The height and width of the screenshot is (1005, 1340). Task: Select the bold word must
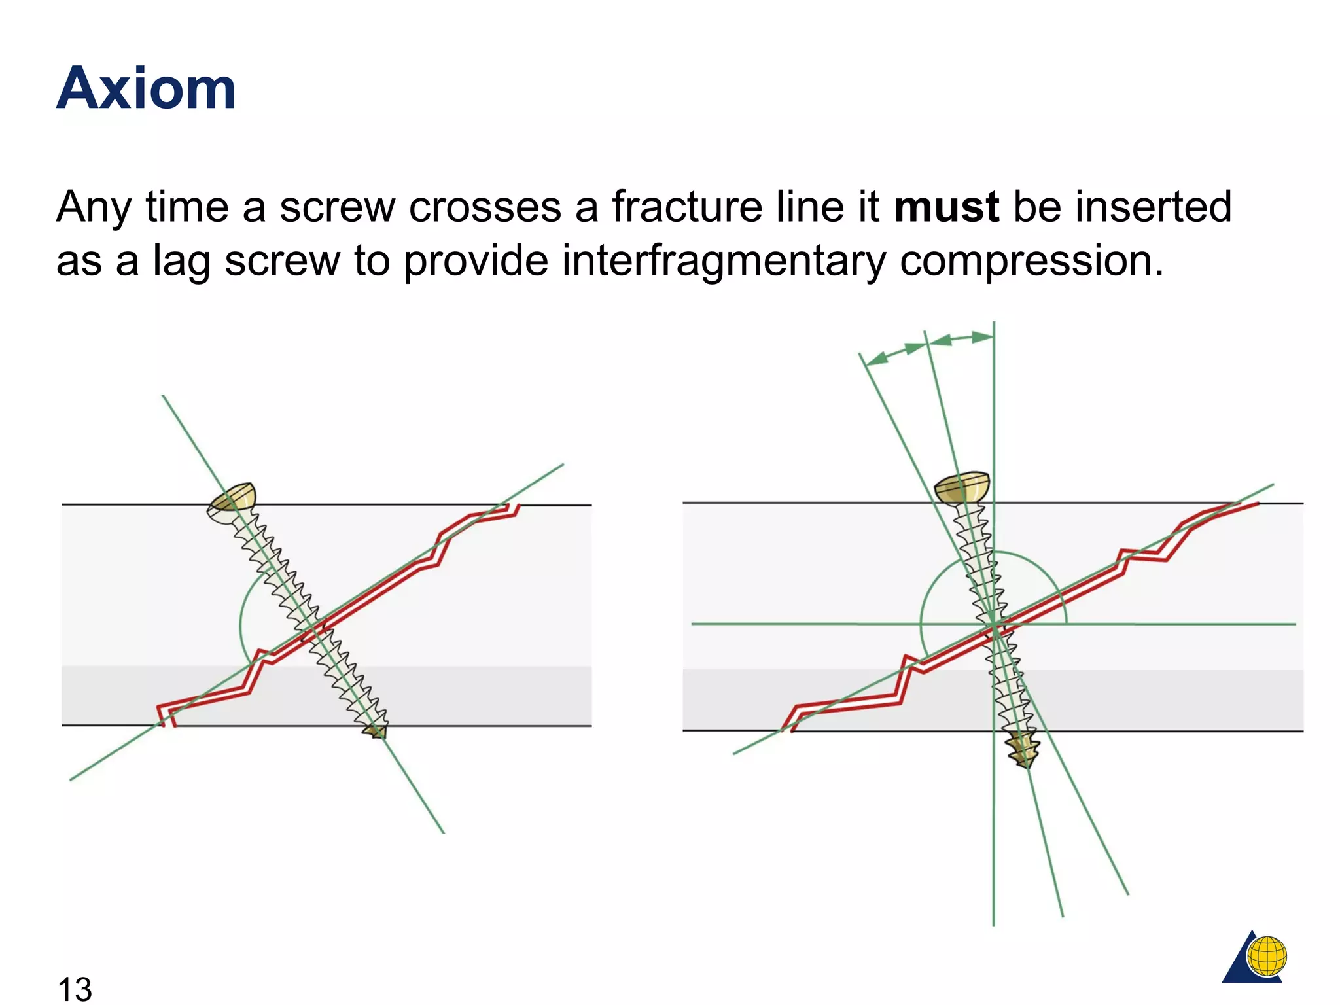click(x=946, y=207)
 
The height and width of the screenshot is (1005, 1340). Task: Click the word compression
click(x=1031, y=261)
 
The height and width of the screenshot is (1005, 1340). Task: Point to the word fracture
click(x=688, y=207)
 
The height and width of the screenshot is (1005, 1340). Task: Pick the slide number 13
click(x=75, y=988)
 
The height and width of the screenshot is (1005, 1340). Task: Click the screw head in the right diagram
click(x=962, y=487)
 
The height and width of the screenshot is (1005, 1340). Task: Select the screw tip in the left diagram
click(x=377, y=730)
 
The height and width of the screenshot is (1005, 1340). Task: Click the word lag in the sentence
click(x=182, y=261)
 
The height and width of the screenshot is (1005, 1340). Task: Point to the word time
click(x=187, y=207)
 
